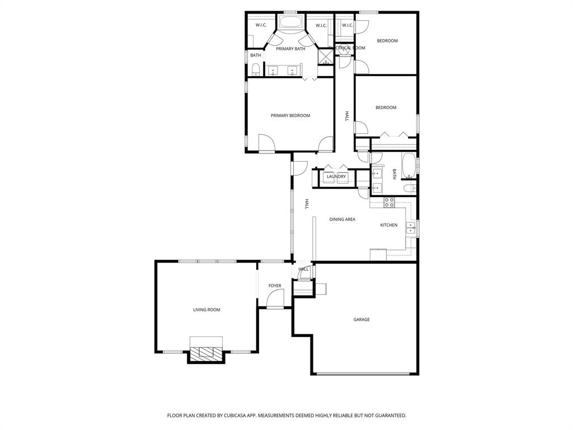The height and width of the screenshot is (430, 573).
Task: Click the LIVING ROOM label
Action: click(x=206, y=310)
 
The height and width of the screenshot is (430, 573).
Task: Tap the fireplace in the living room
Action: click(x=206, y=352)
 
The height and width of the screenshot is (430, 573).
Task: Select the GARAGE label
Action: click(x=361, y=320)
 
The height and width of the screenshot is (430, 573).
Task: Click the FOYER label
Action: click(x=275, y=286)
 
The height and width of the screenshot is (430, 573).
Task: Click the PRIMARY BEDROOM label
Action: click(x=290, y=116)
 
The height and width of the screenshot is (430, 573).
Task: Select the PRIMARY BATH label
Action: click(x=290, y=49)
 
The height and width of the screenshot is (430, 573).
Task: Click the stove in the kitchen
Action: click(x=389, y=202)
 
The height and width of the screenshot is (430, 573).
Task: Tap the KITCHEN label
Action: click(x=388, y=225)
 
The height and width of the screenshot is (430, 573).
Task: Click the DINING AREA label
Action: click(x=342, y=219)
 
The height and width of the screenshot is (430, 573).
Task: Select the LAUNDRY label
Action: click(x=336, y=177)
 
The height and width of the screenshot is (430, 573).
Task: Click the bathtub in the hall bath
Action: click(x=408, y=165)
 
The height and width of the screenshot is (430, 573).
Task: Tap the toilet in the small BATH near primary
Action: click(x=255, y=69)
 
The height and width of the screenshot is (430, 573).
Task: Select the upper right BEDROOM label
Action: click(x=387, y=41)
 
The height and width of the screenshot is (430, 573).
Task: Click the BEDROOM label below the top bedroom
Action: click(x=386, y=107)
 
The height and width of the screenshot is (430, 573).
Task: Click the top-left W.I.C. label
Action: click(x=261, y=25)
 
